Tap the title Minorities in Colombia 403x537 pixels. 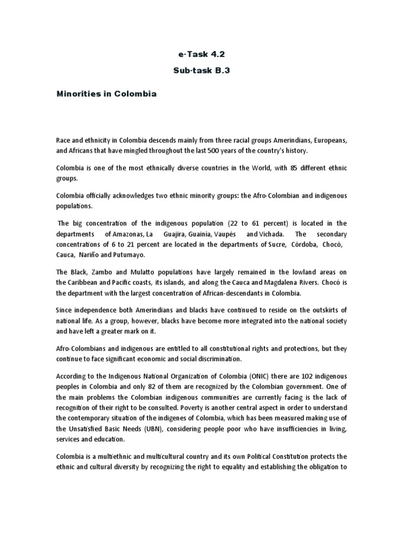[107, 94]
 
